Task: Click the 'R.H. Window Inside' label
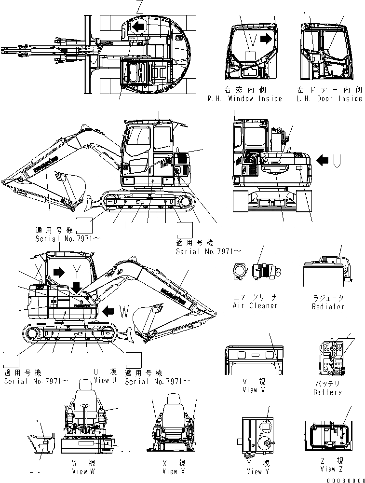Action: point(245,98)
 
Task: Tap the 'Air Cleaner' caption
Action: point(255,305)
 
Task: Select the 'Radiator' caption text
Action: point(328,306)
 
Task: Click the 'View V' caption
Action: point(254,389)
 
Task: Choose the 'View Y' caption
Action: point(254,471)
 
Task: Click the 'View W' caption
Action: point(83,471)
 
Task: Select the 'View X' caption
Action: point(171,471)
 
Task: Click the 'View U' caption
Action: point(105,381)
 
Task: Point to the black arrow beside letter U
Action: point(324,159)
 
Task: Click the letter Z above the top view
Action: point(126,7)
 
